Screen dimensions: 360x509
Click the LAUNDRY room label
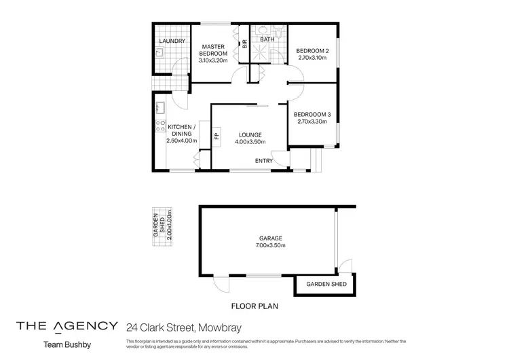(171, 41)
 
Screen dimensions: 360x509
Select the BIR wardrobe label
(244, 45)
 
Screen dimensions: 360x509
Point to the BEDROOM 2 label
(312, 50)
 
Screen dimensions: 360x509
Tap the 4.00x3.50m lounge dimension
(250, 142)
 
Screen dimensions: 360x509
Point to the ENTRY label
(264, 161)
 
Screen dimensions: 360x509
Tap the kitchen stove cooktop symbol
(161, 125)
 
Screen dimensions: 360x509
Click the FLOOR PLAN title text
(255, 306)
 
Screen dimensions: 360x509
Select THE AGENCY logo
(67, 325)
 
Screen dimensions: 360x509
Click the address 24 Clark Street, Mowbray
(179, 326)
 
